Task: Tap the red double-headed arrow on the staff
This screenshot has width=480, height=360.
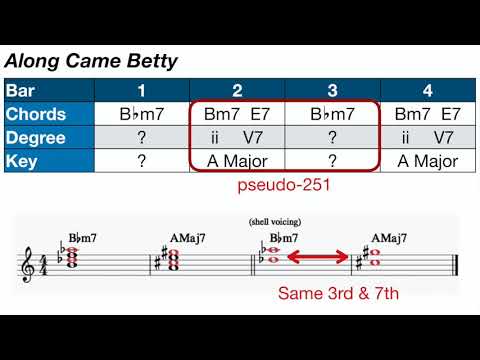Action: [x=323, y=260]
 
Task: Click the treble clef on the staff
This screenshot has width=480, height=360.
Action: [x=28, y=265]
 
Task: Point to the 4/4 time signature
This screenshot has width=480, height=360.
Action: [x=43, y=265]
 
